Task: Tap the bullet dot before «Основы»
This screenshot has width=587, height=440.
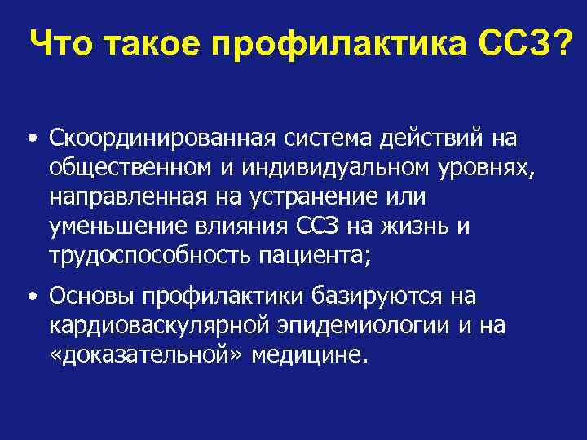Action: point(29,296)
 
